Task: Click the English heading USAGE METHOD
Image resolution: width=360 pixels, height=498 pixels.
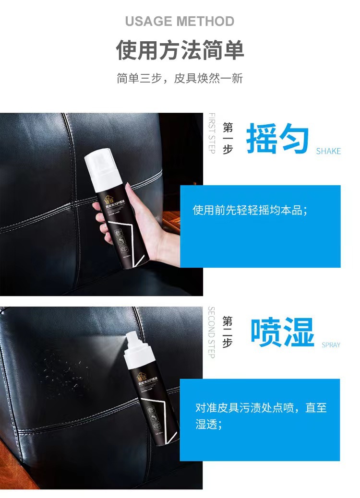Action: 180,22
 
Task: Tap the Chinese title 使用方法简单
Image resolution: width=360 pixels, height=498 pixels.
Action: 180,50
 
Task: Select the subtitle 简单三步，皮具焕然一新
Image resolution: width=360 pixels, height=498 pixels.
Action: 180,78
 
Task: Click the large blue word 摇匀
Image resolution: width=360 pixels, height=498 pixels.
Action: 277,139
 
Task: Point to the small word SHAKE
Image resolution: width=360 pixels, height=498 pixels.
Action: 328,151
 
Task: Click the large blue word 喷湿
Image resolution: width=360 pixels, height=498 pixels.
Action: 283,332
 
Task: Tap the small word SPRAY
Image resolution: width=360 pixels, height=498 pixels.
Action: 331,345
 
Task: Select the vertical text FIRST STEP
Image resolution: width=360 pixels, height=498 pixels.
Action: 212,133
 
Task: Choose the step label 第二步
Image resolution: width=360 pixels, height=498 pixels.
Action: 228,332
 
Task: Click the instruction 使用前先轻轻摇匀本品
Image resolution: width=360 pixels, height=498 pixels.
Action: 250,210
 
